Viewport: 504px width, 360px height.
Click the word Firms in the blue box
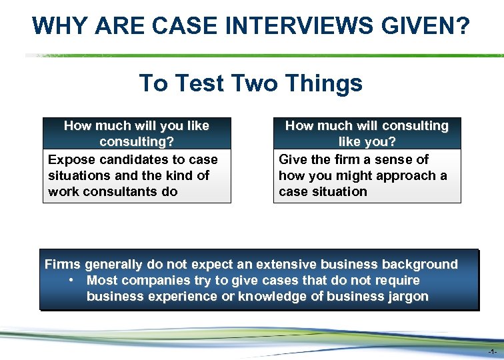click(x=63, y=264)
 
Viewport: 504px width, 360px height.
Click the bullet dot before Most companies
click(x=71, y=280)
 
